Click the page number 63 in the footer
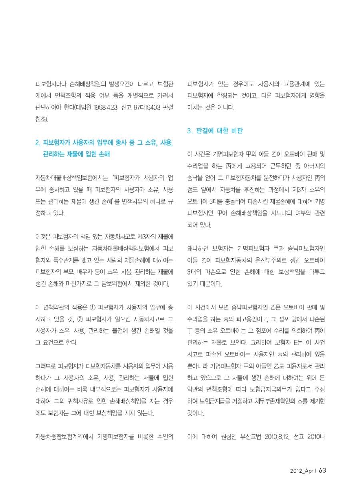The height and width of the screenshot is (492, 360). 323,470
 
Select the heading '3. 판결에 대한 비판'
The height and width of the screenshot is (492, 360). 215,131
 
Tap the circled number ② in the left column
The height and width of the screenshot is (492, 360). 80,319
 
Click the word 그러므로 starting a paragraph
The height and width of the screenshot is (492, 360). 45,365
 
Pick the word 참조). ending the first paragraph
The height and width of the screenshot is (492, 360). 42,119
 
